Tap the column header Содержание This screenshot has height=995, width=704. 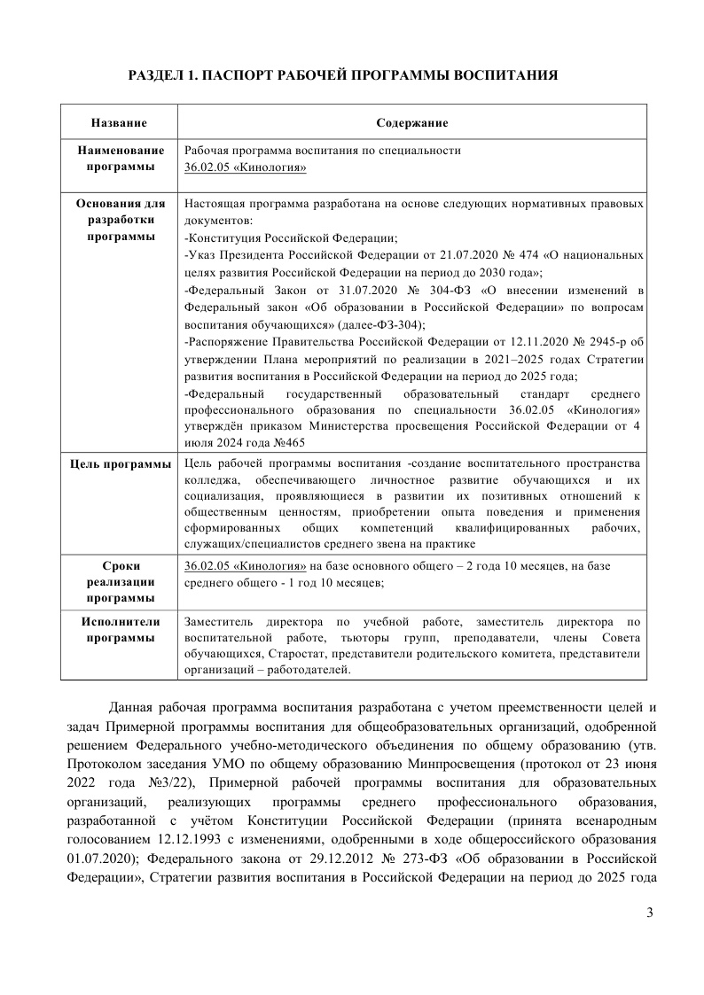411,122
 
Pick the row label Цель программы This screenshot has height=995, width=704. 121,463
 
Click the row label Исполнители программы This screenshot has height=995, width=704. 121,630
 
